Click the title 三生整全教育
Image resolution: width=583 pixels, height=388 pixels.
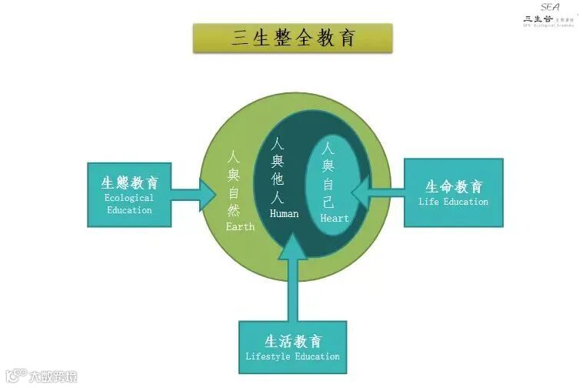point(292,38)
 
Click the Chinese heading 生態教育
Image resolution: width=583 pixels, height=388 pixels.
point(130,183)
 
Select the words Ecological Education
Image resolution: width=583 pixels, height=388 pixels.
point(129,204)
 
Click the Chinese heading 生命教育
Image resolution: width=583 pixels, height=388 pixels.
point(454,187)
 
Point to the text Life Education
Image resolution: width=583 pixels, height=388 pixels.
point(454,202)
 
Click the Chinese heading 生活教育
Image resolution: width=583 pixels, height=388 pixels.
point(292,342)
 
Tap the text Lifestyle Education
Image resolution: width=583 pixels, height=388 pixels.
point(292,356)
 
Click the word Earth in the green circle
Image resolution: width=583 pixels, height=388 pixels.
point(239,227)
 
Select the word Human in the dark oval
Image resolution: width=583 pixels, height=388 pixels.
point(284,213)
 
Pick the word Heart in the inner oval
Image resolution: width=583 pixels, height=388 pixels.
point(335,218)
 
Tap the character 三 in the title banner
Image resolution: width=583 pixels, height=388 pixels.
point(240,38)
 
